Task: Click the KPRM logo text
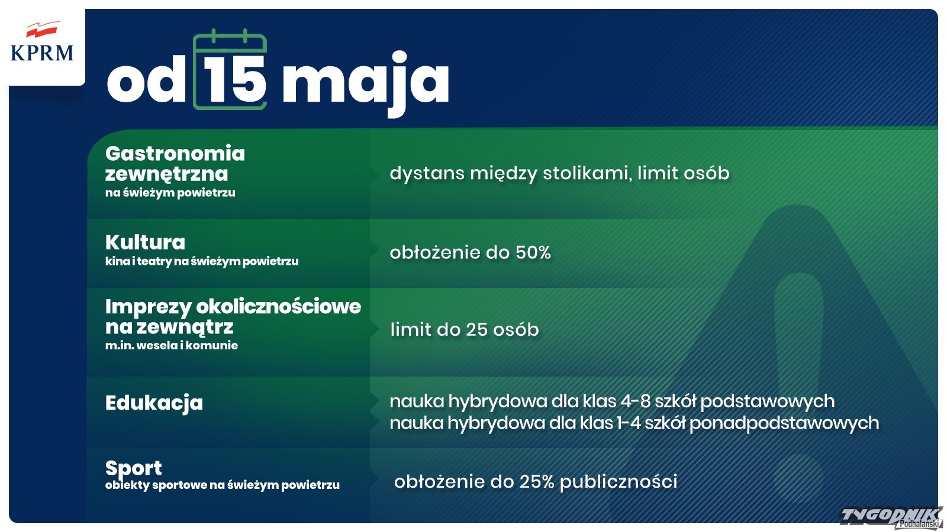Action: click(42, 53)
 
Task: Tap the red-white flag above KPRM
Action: click(42, 29)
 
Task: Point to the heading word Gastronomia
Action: click(175, 153)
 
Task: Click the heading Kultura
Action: click(145, 242)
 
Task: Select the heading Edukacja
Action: click(154, 403)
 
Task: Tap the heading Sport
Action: click(133, 468)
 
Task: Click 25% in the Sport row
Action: click(537, 481)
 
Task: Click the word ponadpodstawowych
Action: click(784, 423)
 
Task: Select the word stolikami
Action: click(588, 173)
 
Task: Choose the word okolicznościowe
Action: click(279, 307)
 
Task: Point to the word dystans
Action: click(427, 174)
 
